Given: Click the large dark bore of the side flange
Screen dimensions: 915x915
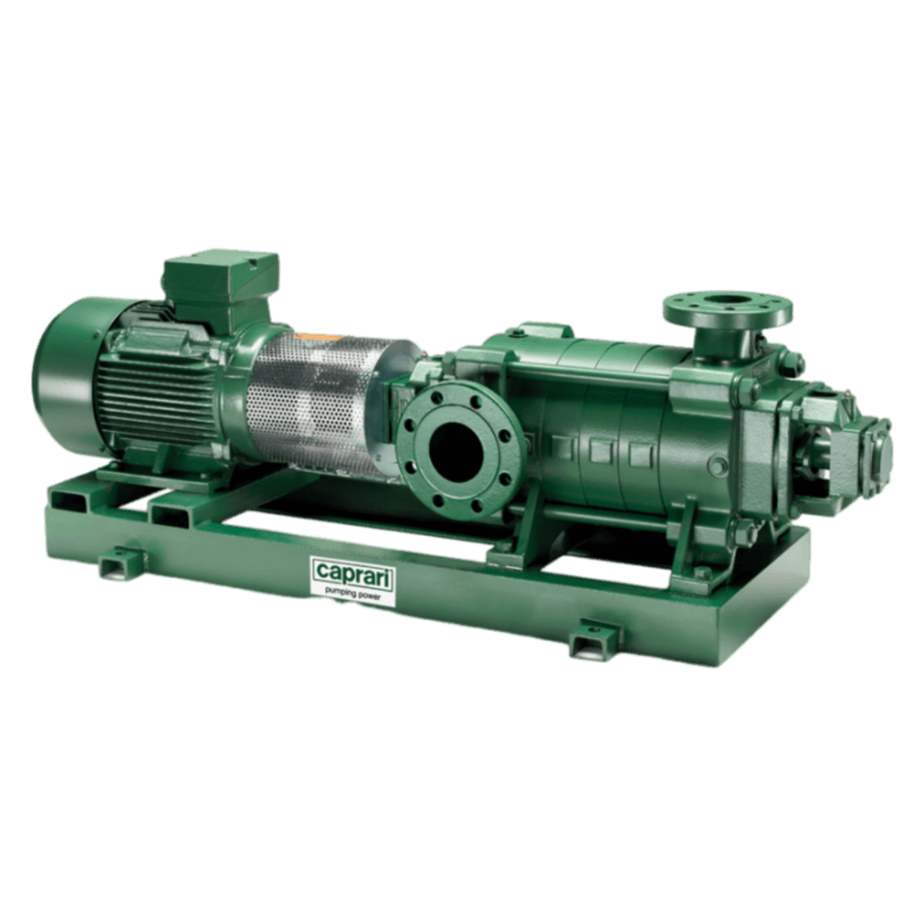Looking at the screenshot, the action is tap(459, 448).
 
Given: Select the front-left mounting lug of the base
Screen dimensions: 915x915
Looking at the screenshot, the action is tap(120, 561).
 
